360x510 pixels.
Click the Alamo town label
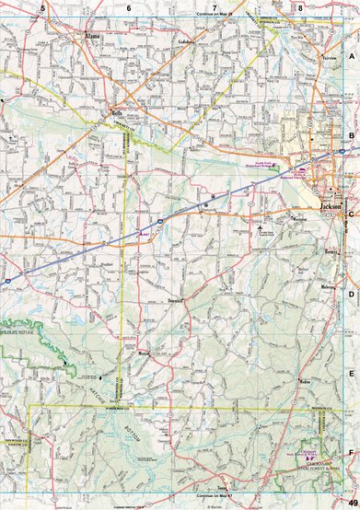92,37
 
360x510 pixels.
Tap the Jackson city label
330,207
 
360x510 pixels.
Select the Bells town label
117,113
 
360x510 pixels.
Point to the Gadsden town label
188,41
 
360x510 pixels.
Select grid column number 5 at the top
42,7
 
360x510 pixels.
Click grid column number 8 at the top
299,7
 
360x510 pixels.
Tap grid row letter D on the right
351,296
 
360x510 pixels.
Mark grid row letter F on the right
351,454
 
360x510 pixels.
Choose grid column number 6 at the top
129,7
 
